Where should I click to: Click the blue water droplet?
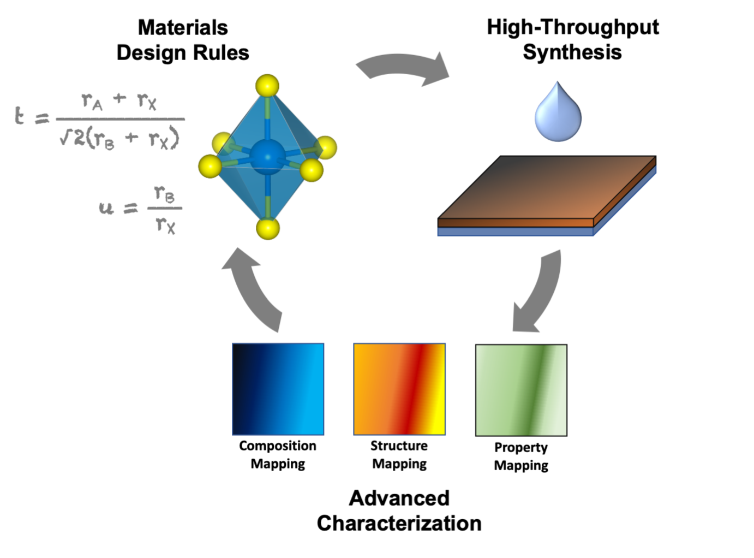tap(558, 115)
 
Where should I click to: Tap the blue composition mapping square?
tap(278, 389)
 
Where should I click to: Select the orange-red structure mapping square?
tap(399, 389)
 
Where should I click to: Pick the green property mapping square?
tap(521, 390)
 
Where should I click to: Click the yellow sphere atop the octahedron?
tap(267, 86)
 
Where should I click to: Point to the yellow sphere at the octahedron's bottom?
tap(267, 228)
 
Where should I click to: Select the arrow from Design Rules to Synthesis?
tap(404, 69)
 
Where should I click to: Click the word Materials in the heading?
tap(183, 27)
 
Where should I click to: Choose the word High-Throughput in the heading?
tap(572, 27)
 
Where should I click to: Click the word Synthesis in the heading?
tap(572, 52)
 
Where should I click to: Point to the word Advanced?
tap(399, 498)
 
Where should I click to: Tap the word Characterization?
tap(399, 523)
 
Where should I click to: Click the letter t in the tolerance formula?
tap(20, 116)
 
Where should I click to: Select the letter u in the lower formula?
tap(106, 207)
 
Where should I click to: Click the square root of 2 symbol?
tap(72, 138)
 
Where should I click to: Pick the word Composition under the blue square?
tap(278, 446)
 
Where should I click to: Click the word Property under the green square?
tap(521, 448)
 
